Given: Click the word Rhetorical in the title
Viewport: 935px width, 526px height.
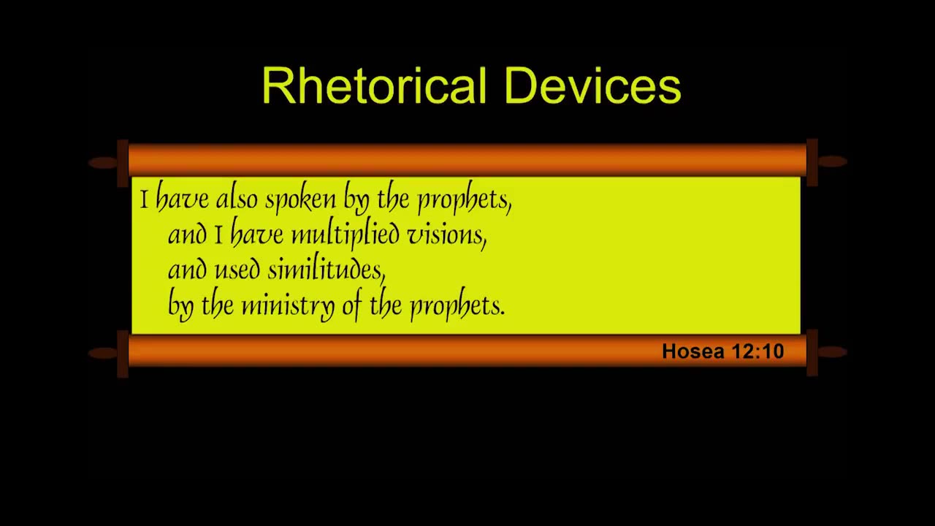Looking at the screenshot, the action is coord(375,85).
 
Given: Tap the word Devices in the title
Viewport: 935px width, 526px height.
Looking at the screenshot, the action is coord(592,85).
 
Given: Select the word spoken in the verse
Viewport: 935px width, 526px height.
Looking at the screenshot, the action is coord(300,200).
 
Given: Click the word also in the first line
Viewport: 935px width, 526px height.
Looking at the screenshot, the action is coord(237,199).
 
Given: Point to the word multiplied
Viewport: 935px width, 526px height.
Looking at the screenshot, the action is coord(346,235).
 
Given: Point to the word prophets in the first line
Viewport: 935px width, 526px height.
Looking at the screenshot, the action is coord(465,200).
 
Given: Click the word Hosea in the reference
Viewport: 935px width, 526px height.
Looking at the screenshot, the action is coord(693,351).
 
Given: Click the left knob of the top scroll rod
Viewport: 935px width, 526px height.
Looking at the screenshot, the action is coord(103,163).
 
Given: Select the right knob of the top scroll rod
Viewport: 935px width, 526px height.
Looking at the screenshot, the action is coord(833,161).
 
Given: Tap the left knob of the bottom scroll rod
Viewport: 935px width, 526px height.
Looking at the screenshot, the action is coord(103,353).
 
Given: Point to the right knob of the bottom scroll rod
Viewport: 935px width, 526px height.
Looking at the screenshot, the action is coord(833,352).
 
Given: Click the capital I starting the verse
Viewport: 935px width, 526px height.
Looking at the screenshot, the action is coord(145,199).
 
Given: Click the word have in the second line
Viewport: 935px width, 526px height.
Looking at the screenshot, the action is coord(256,235).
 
